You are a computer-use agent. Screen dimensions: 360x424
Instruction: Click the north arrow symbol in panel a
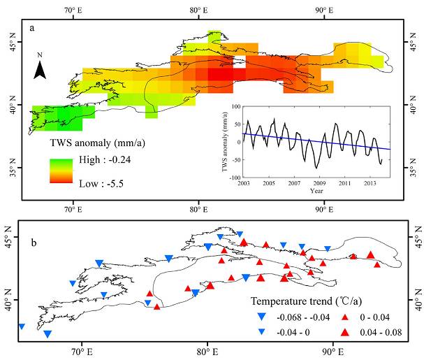click(41, 68)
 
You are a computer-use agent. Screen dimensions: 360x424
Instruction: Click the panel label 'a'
click(32, 27)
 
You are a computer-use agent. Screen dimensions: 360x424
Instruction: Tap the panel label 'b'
click(32, 229)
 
